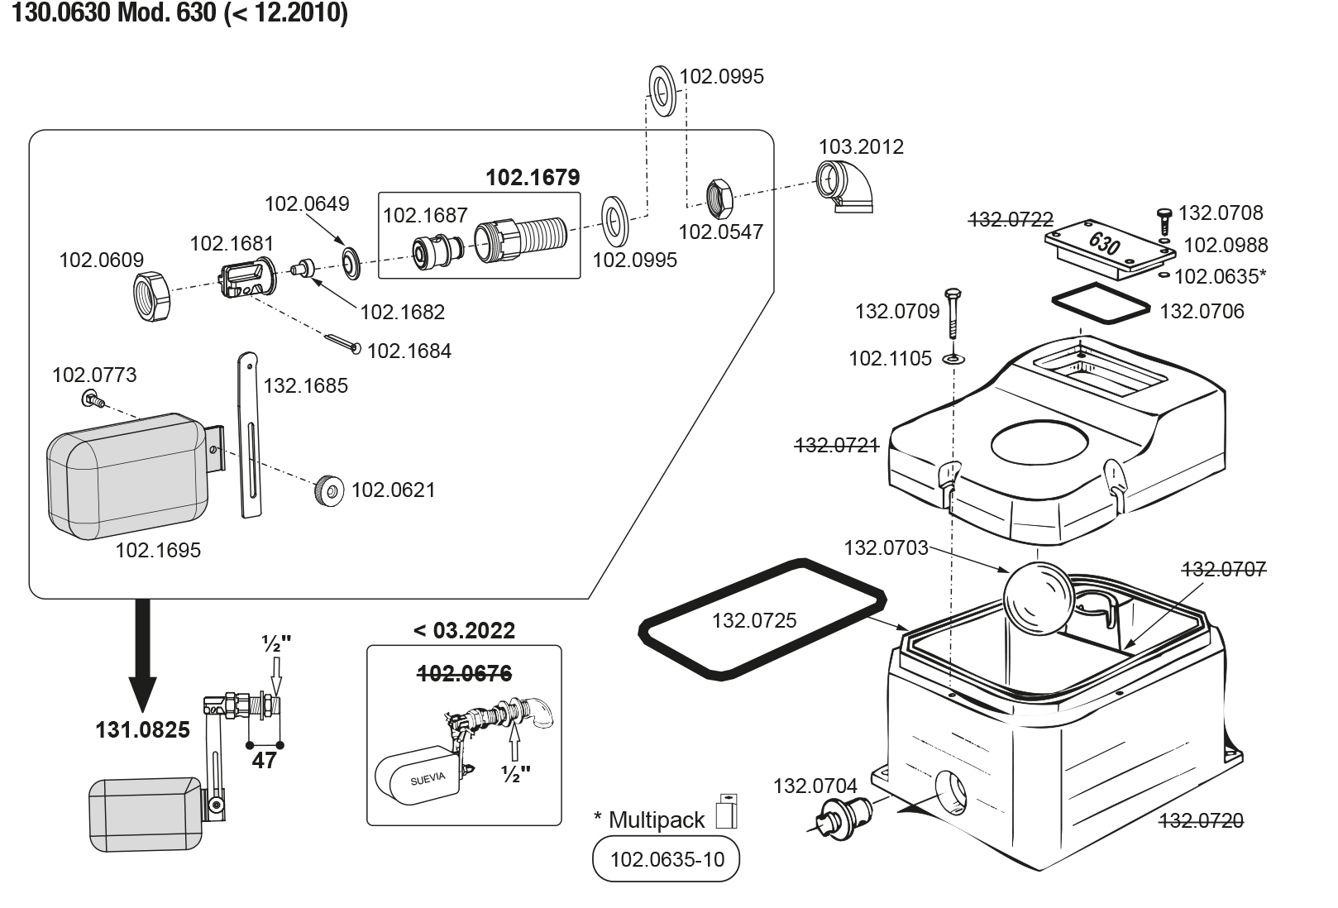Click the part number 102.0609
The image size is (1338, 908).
(x=102, y=260)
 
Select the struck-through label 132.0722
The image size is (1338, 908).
(x=1011, y=220)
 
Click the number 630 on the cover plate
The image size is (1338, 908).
(x=1104, y=243)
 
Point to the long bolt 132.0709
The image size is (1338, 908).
(x=953, y=313)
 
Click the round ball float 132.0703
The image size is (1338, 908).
(x=1039, y=599)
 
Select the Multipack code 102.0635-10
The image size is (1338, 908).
(x=667, y=859)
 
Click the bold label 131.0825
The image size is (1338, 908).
(x=143, y=729)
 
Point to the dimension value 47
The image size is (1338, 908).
(x=264, y=761)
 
